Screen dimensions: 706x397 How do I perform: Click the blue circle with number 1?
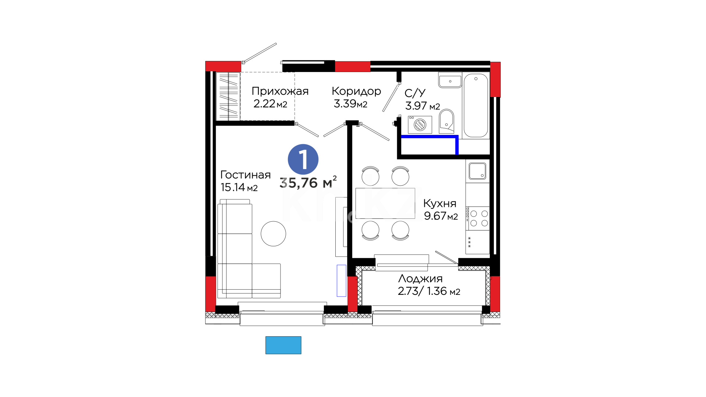pos(303,159)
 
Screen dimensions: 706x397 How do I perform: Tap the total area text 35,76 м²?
pos(308,182)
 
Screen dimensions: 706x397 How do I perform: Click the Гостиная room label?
pos(245,175)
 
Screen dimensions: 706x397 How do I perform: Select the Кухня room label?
pos(440,203)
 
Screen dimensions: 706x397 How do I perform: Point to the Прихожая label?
pos(280,91)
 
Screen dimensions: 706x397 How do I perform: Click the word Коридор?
pos(356,92)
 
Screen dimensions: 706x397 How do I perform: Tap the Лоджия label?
pos(420,279)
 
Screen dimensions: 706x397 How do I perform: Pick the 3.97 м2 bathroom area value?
pos(422,106)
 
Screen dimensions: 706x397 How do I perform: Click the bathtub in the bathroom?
pos(476,105)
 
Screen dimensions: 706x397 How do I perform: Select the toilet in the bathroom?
pos(446,121)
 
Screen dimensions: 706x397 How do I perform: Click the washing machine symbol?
pos(420,125)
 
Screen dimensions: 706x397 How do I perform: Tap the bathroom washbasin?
pos(450,80)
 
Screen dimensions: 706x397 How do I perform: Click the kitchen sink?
pos(477,171)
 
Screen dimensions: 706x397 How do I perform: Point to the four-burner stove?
pos(478,218)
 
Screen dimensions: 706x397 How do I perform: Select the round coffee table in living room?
pos(273,234)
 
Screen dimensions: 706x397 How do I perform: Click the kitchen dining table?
pos(385,203)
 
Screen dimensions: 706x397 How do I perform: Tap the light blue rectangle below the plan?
pos(284,345)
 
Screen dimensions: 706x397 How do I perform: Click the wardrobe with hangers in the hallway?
pos(228,96)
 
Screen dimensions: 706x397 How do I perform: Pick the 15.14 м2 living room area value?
pos(239,187)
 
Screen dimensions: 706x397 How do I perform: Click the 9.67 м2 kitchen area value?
pos(441,216)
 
